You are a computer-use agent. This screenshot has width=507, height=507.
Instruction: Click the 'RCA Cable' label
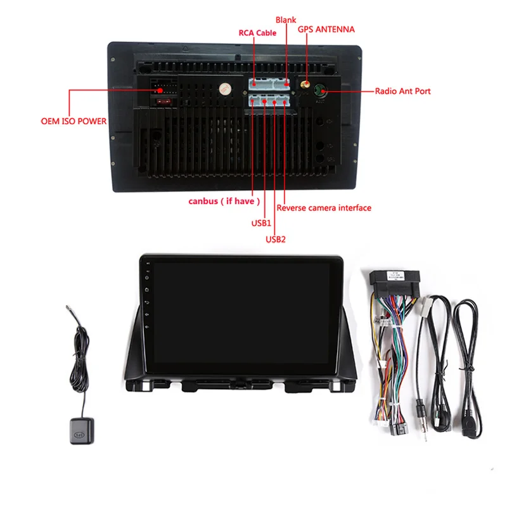(x=257, y=33)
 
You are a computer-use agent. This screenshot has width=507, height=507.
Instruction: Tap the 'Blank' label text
(x=286, y=20)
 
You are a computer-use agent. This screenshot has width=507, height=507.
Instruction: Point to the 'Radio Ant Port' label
(x=402, y=91)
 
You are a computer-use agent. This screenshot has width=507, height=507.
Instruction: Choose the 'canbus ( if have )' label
(x=224, y=202)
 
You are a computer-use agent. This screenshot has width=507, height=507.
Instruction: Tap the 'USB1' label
(x=260, y=224)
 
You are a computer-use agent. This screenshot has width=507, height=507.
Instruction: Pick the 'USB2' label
(x=276, y=240)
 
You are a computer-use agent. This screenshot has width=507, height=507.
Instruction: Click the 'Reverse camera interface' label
(x=324, y=208)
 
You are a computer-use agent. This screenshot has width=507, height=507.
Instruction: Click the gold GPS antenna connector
(x=304, y=84)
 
